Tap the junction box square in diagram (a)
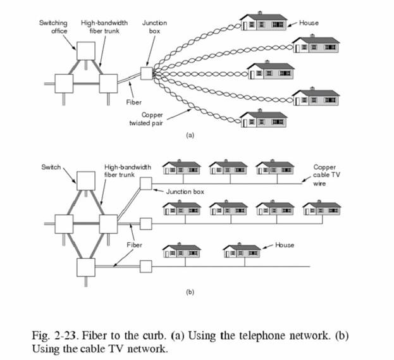pyautogui.click(x=146, y=73)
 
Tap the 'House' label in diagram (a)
pyautogui.click(x=309, y=23)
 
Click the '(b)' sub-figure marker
pyautogui.click(x=188, y=292)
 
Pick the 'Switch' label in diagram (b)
pyautogui.click(x=51, y=167)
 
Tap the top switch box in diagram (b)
pyautogui.click(x=85, y=180)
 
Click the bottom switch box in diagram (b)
pyautogui.click(x=85, y=266)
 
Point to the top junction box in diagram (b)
pyautogui.click(x=145, y=183)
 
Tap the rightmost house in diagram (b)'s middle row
pyautogui.click(x=323, y=209)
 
